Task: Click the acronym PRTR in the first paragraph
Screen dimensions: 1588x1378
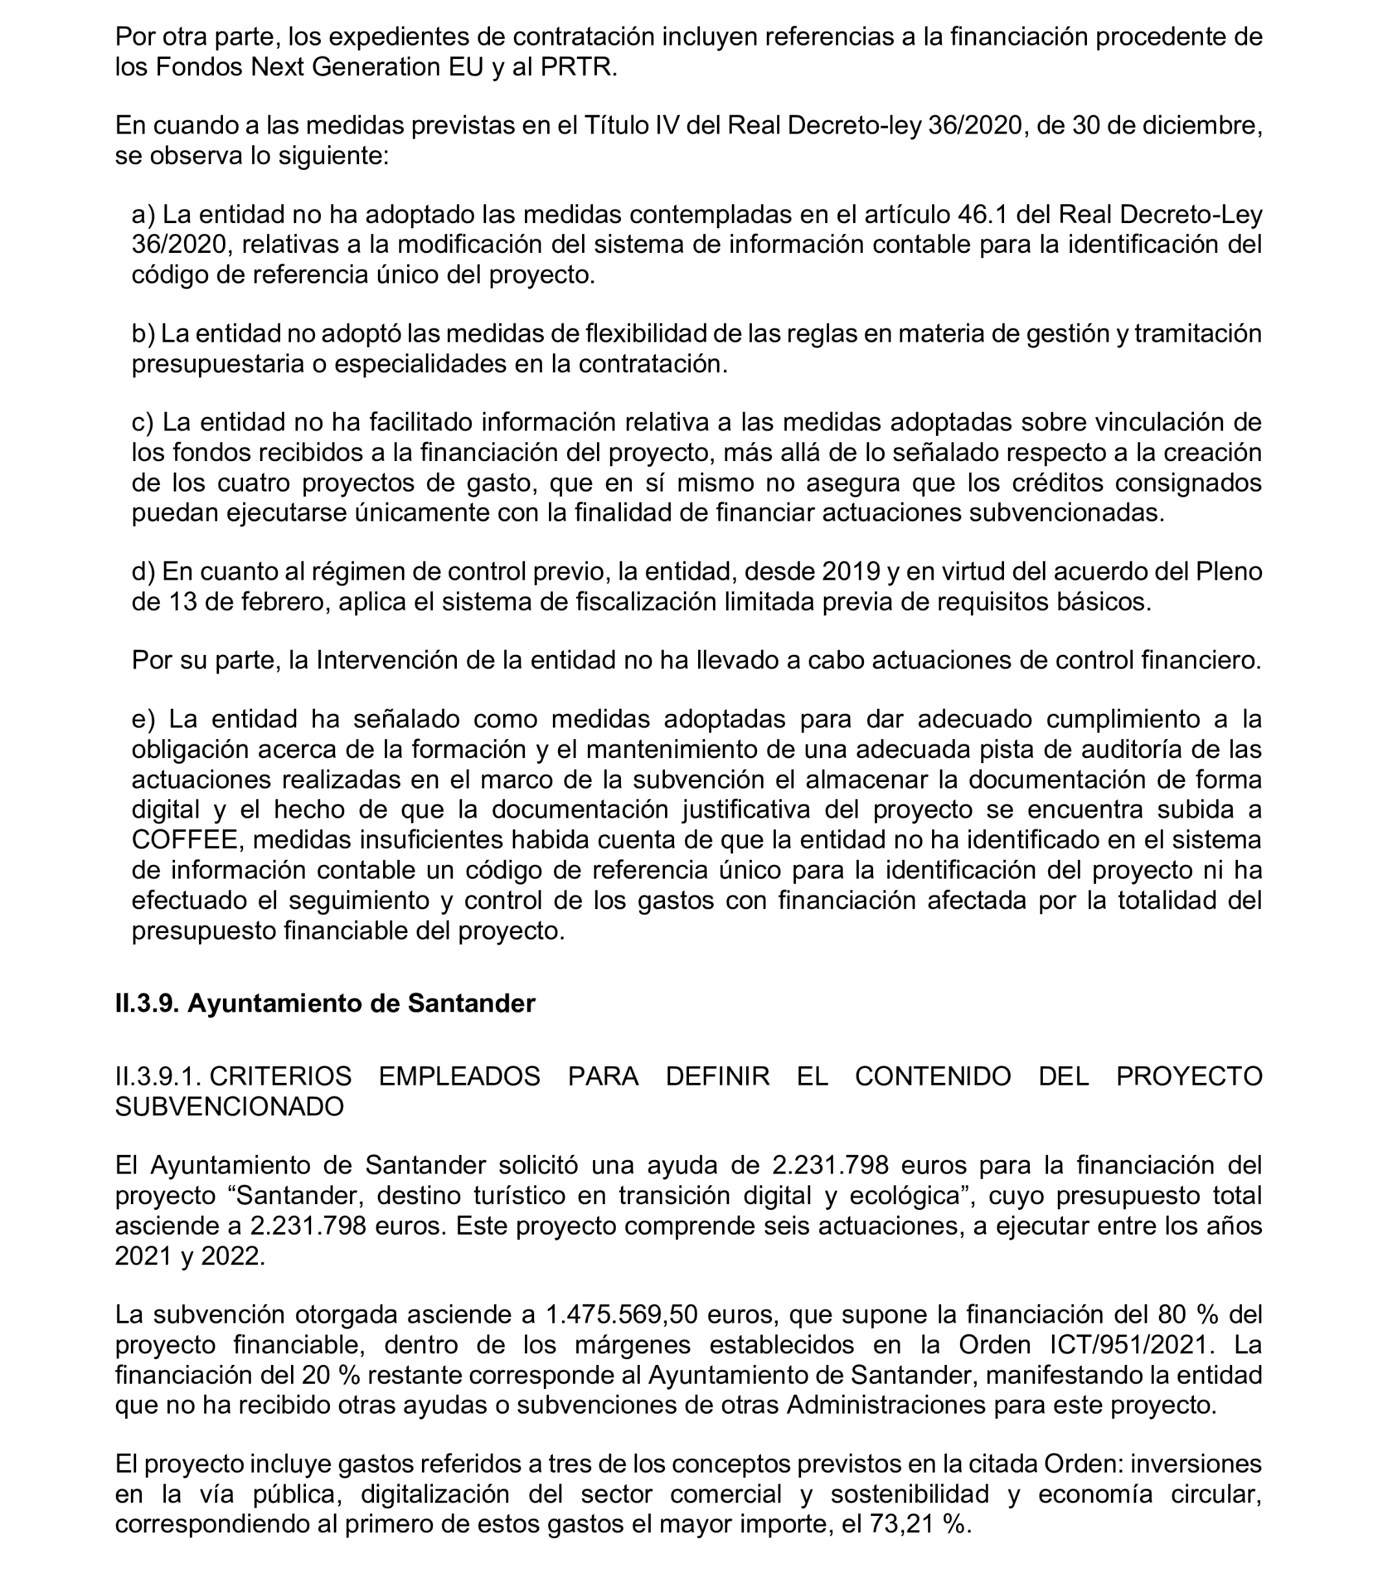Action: pos(578,67)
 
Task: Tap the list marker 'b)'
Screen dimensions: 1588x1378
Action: pos(144,334)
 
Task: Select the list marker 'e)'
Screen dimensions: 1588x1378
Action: pos(144,719)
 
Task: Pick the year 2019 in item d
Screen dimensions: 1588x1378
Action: pos(850,572)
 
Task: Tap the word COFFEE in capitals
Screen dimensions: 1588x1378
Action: pos(185,840)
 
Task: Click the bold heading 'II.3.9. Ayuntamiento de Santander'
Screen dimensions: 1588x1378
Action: pos(325,1004)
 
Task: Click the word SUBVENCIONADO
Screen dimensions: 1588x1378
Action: pos(229,1106)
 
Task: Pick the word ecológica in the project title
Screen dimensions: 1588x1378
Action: pos(907,1196)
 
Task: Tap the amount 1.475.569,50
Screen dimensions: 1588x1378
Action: pos(620,1315)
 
